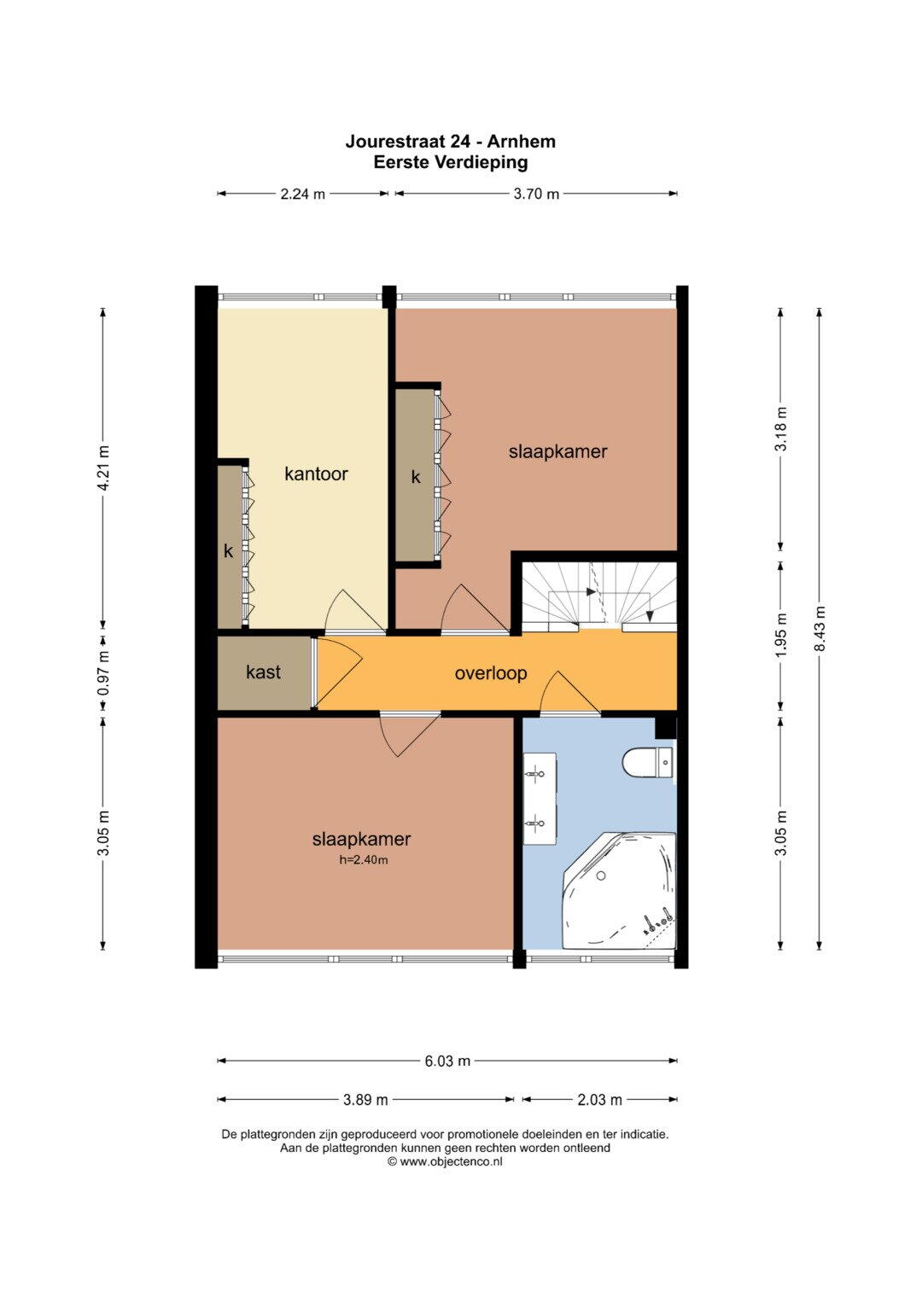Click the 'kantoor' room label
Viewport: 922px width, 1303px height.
316,474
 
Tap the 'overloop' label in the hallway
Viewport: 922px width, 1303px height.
491,673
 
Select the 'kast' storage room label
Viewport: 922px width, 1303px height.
263,672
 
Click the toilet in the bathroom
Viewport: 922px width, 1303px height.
647,762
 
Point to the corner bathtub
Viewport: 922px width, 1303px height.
619,891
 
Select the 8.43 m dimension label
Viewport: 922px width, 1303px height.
820,629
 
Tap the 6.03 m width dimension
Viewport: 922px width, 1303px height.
447,1061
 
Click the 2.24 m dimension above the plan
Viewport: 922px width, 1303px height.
303,195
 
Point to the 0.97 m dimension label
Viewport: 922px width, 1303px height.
104,673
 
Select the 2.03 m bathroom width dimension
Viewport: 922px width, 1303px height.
599,1099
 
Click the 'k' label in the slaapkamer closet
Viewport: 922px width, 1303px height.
416,477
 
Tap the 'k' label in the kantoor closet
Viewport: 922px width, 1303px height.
228,551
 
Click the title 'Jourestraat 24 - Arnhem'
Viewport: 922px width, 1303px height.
451,142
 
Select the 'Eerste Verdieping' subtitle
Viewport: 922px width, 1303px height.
451,162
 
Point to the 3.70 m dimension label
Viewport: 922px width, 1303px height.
536,195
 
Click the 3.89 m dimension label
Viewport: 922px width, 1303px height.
365,1099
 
